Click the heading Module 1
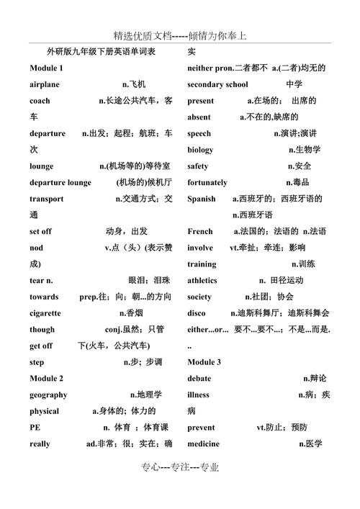(46, 68)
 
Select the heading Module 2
(46, 378)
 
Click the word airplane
(45, 84)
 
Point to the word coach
(40, 101)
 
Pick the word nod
(36, 248)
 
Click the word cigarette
(45, 313)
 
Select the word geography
(48, 395)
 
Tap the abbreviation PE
(35, 427)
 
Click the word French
(200, 231)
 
